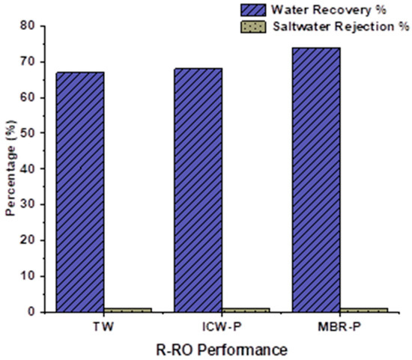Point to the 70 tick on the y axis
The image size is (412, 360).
(x=29, y=61)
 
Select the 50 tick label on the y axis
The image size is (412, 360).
(x=29, y=133)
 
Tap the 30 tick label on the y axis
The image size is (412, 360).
(x=29, y=204)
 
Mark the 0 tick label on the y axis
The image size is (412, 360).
(x=32, y=312)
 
